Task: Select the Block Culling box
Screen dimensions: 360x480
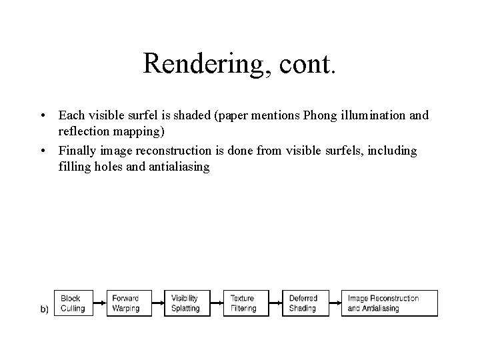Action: [x=74, y=303]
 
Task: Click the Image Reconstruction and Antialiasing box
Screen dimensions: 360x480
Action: [x=390, y=303]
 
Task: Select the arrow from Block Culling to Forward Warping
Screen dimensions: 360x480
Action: [x=99, y=303]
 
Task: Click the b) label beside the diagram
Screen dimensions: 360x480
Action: [x=45, y=309]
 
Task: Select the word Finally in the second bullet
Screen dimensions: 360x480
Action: [x=76, y=151]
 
